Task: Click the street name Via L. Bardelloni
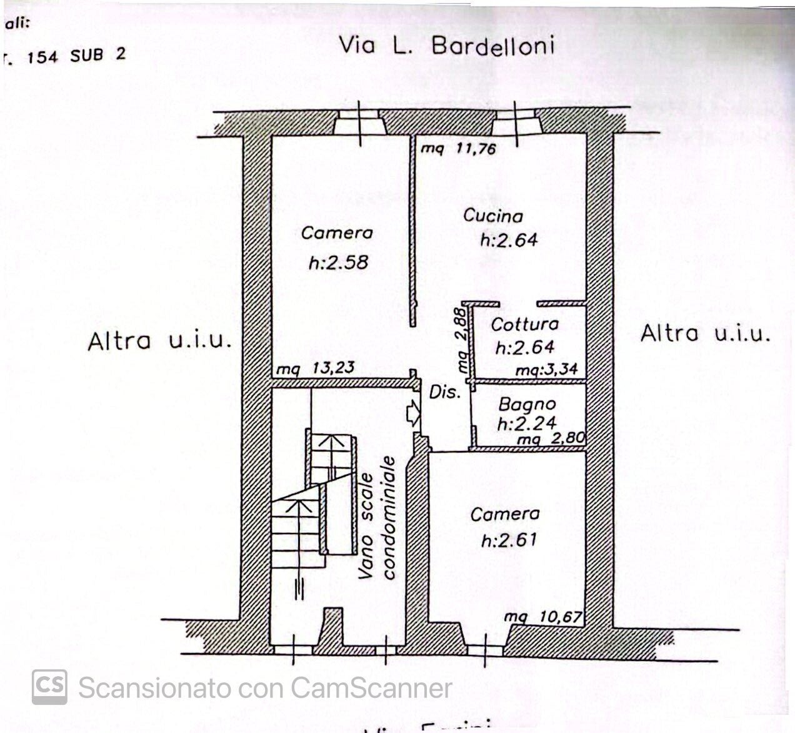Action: [446, 46]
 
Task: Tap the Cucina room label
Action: [493, 216]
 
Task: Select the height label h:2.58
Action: [339, 263]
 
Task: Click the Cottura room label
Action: [524, 325]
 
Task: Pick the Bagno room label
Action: [527, 405]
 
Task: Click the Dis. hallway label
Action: [444, 393]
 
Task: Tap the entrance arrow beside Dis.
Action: [413, 413]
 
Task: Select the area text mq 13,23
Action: [316, 368]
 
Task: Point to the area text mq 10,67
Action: [544, 618]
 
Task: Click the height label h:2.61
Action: [509, 539]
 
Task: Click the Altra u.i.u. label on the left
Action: [160, 341]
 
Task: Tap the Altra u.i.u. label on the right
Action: [705, 333]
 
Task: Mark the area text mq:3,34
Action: [546, 370]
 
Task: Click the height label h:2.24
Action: [526, 423]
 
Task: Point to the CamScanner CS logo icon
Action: [49, 687]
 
